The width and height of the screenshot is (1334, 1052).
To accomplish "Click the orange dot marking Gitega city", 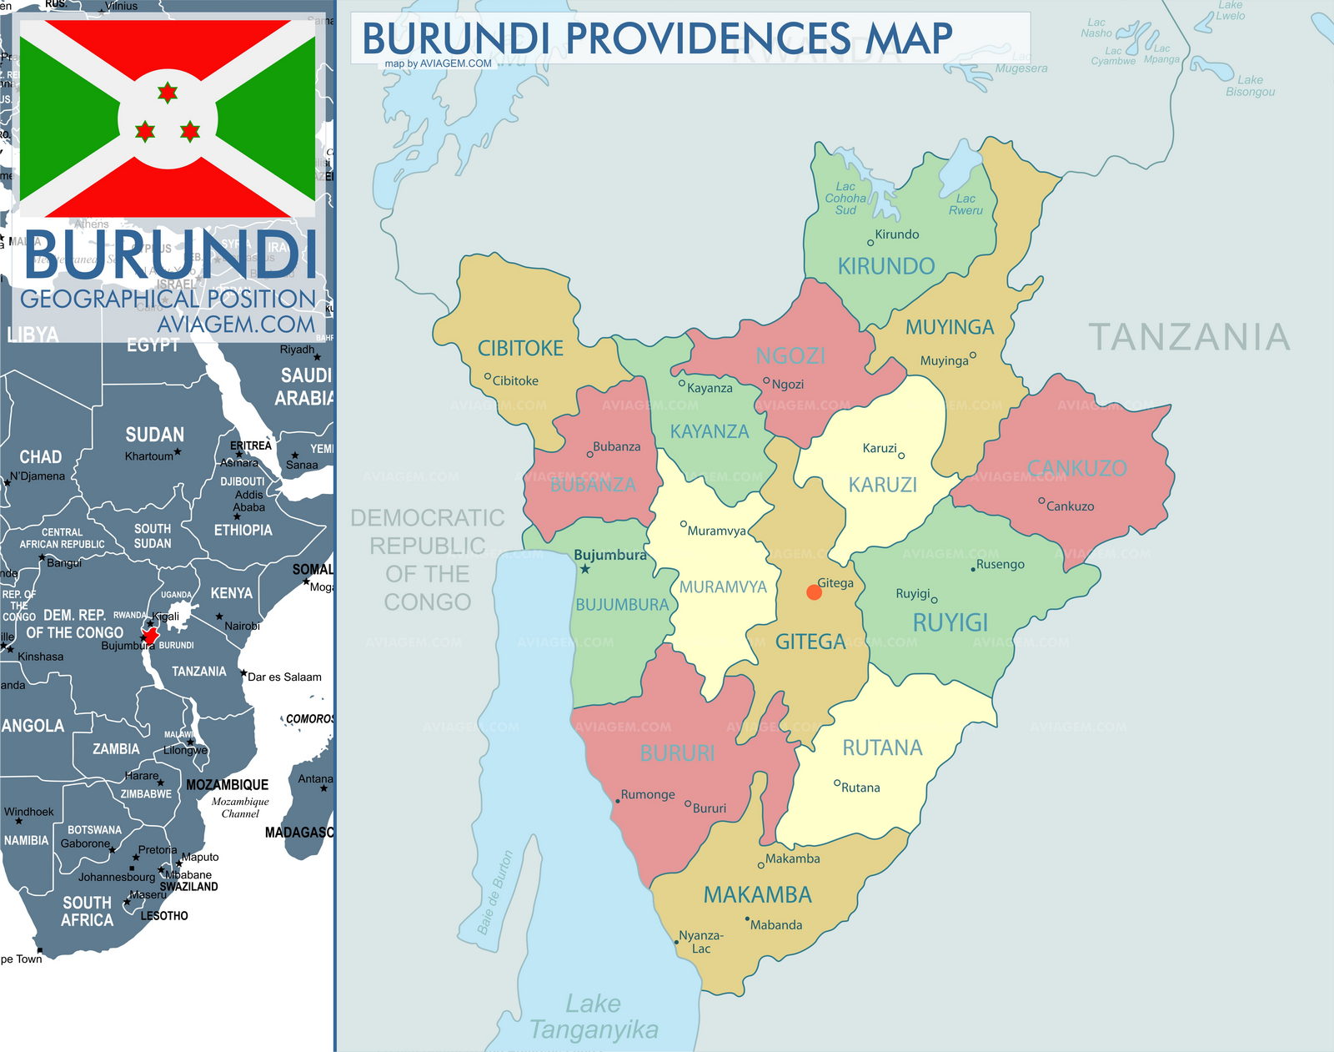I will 815,592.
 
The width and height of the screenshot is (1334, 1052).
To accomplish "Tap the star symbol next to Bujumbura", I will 585,569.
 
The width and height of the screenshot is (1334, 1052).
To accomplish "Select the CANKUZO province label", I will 1076,468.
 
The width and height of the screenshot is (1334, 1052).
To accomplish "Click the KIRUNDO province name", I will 885,266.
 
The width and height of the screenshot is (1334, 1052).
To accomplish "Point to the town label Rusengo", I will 1000,565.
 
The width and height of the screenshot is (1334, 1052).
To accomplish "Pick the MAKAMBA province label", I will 757,895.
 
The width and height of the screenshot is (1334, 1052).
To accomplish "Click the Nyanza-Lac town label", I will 700,942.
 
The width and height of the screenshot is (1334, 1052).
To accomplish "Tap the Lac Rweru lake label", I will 965,204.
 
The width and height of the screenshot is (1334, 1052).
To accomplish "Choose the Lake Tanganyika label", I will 594,1017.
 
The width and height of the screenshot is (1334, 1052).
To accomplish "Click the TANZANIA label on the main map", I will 1189,337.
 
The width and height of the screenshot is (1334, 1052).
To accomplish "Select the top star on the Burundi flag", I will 168,92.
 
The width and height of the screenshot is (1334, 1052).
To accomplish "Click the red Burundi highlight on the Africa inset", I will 150,637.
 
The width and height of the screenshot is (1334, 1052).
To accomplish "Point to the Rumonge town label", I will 648,795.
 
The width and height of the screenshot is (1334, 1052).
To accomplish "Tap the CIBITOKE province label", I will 520,349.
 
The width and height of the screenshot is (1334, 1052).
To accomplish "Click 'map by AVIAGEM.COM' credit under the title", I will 438,63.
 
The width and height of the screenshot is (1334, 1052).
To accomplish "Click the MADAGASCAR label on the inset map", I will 299,833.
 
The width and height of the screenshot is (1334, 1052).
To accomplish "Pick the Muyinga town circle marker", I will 972,355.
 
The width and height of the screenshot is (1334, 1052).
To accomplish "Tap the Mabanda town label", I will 775,925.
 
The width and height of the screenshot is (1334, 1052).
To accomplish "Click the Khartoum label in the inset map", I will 148,456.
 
